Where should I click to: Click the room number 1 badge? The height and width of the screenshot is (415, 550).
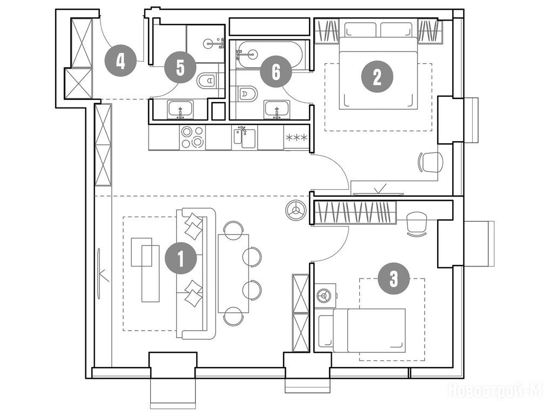tap(180, 259)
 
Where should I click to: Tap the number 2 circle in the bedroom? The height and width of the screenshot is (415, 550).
tap(377, 77)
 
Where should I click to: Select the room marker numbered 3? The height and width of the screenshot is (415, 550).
tap(393, 279)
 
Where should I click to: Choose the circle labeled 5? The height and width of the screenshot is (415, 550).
tap(180, 68)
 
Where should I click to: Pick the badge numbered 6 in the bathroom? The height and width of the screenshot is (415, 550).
tap(276, 72)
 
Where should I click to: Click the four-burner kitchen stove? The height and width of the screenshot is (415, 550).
tap(192, 137)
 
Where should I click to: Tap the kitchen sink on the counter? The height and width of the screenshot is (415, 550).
tap(245, 137)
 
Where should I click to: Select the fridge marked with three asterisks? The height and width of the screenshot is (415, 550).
tap(297, 137)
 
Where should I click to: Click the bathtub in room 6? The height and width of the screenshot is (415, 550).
tap(269, 55)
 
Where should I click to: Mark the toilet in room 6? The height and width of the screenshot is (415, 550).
tap(247, 93)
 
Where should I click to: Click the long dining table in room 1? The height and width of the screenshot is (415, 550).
tap(233, 273)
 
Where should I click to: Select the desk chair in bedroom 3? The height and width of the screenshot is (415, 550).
tap(417, 224)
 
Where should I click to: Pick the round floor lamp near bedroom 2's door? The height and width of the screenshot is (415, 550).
tap(296, 211)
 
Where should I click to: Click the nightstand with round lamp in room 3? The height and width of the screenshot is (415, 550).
tap(325, 296)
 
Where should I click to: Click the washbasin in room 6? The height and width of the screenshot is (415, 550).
tap(277, 110)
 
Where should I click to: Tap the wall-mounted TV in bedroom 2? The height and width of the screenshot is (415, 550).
tap(379, 192)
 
